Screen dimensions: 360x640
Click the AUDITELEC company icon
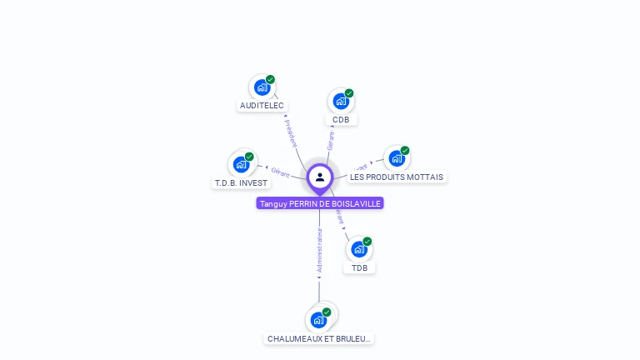click(262, 87)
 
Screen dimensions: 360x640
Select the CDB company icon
click(340, 101)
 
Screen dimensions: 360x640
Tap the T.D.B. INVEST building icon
click(241, 164)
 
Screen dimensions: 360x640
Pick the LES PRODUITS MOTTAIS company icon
click(397, 158)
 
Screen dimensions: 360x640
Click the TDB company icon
click(358, 248)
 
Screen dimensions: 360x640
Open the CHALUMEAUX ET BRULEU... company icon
click(318, 319)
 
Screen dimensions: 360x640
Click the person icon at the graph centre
click(320, 177)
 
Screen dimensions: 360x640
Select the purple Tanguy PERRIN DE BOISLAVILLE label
click(320, 203)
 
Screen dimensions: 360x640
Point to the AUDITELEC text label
click(262, 106)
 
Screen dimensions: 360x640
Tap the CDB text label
click(341, 120)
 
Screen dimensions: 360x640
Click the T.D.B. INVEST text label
click(241, 183)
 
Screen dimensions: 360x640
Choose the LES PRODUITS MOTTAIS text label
click(397, 177)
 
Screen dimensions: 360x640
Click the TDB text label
click(359, 267)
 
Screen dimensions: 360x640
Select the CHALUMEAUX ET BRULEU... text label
click(319, 339)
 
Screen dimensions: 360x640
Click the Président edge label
click(290, 133)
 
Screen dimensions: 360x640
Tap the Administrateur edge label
click(319, 250)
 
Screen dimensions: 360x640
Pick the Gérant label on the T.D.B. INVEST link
click(280, 172)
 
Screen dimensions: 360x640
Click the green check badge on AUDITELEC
click(271, 79)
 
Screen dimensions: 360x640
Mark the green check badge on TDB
click(367, 241)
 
